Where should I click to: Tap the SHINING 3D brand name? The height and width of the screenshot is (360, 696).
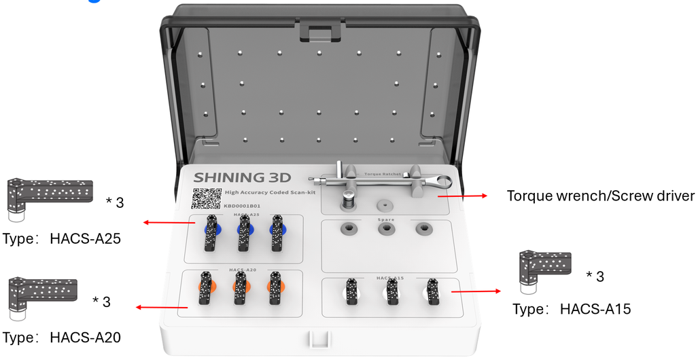[x=242, y=178]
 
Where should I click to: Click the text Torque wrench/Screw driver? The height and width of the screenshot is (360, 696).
[x=601, y=196]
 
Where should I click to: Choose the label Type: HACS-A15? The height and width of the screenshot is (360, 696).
[x=572, y=309]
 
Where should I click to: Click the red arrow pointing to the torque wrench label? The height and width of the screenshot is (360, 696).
[x=462, y=196]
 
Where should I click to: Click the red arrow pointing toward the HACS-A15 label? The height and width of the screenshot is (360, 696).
[x=476, y=291]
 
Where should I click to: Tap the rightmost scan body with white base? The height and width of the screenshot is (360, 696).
[x=431, y=292]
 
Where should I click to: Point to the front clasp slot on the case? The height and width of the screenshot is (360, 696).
[x=318, y=340]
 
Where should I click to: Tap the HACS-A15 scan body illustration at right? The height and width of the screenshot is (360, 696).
[x=544, y=271]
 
